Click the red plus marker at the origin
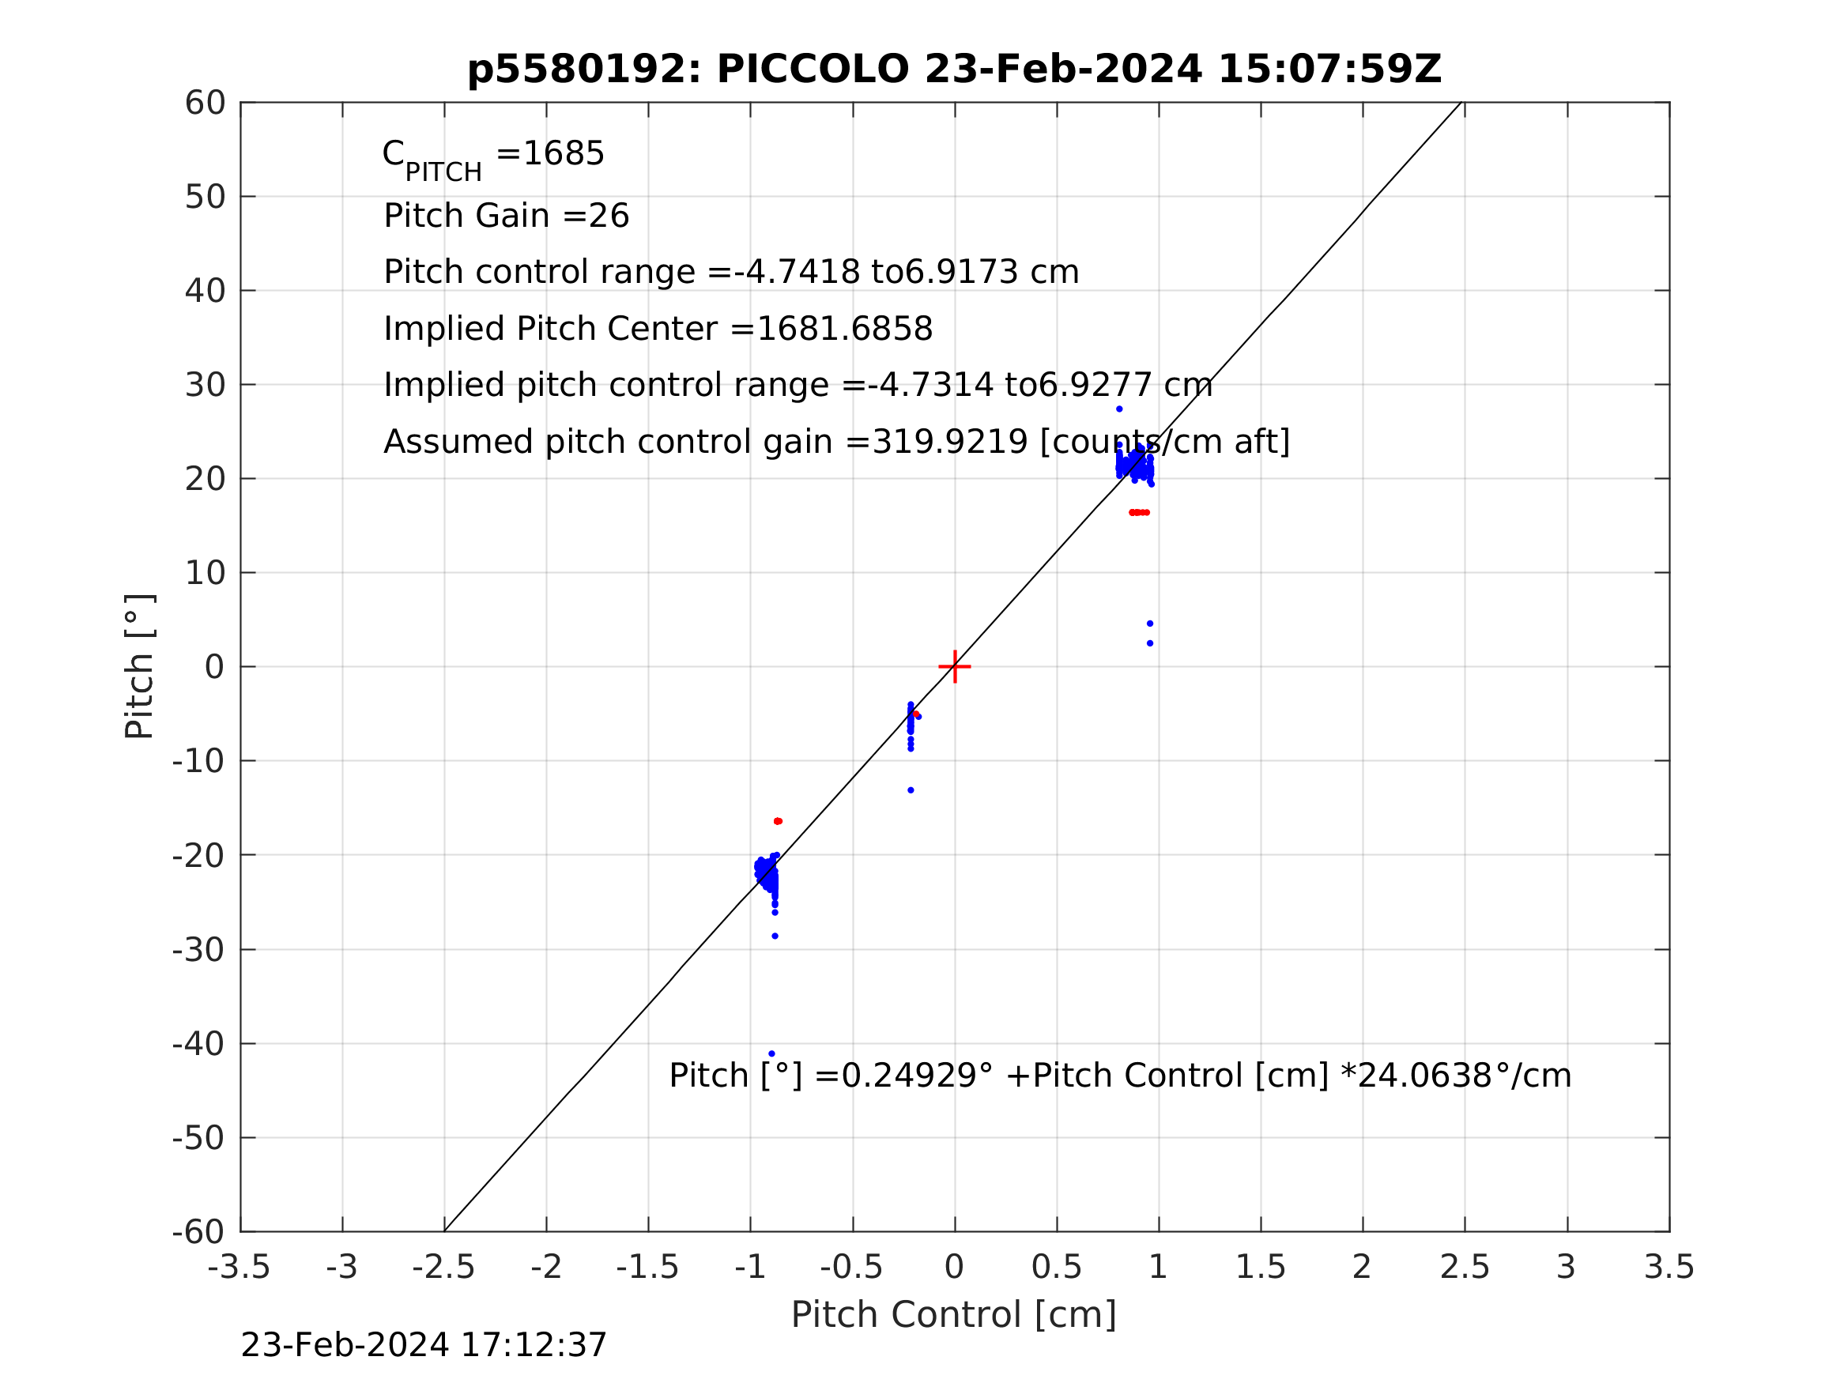(x=955, y=667)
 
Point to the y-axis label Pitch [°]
(x=139, y=667)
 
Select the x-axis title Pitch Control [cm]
(x=954, y=1315)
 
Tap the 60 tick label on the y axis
(x=205, y=104)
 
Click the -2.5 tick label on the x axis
(x=443, y=1267)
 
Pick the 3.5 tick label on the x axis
(x=1669, y=1267)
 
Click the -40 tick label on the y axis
(x=198, y=1044)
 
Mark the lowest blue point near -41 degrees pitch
(x=772, y=1053)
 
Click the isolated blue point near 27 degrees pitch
(x=1119, y=409)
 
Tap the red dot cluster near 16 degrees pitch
(x=1140, y=513)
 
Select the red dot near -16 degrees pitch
(x=778, y=821)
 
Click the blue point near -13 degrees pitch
(x=911, y=790)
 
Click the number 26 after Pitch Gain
(x=609, y=216)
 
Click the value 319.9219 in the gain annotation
(x=949, y=442)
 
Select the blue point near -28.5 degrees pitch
(x=775, y=936)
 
